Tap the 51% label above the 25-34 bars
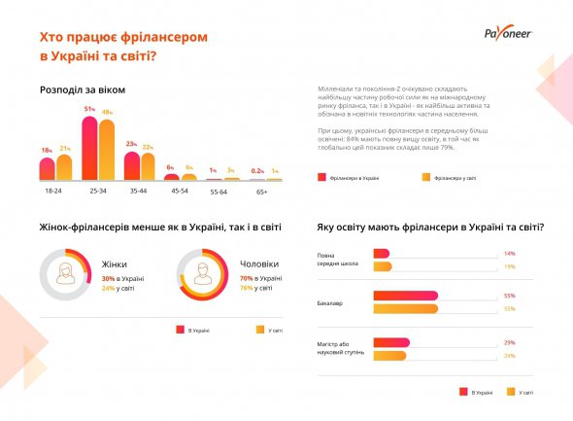[89, 109]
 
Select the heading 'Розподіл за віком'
[83, 89]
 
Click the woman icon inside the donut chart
[65, 273]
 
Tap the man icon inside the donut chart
[204, 273]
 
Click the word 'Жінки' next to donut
[115, 263]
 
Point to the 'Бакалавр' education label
[332, 302]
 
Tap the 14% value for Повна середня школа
[509, 254]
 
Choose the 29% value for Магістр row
[509, 342]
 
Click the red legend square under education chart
[462, 392]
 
